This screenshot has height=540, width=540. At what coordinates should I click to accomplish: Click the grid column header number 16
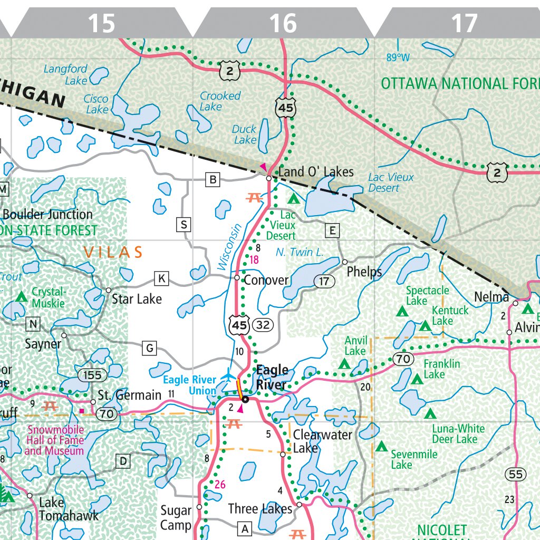(283, 24)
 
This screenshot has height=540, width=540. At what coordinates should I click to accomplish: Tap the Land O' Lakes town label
(316, 172)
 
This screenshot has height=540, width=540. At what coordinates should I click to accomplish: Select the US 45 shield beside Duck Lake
(285, 108)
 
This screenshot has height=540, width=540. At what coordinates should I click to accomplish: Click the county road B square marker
(213, 180)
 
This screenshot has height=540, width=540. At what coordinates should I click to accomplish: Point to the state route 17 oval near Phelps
(324, 282)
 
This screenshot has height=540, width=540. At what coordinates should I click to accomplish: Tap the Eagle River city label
(272, 377)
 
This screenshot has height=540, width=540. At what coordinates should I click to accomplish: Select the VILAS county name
(113, 253)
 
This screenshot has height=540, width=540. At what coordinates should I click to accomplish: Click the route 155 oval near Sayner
(93, 375)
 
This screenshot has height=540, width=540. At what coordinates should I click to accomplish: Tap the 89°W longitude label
(398, 57)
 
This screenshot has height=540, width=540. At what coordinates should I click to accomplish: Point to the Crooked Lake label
(220, 101)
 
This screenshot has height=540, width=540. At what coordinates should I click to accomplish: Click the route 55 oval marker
(515, 475)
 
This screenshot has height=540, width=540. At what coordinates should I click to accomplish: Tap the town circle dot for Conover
(237, 277)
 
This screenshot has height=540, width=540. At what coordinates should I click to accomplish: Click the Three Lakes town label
(260, 509)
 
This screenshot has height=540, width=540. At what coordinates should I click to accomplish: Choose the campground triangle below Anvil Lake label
(344, 363)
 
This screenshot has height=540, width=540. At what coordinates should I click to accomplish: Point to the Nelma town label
(491, 297)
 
